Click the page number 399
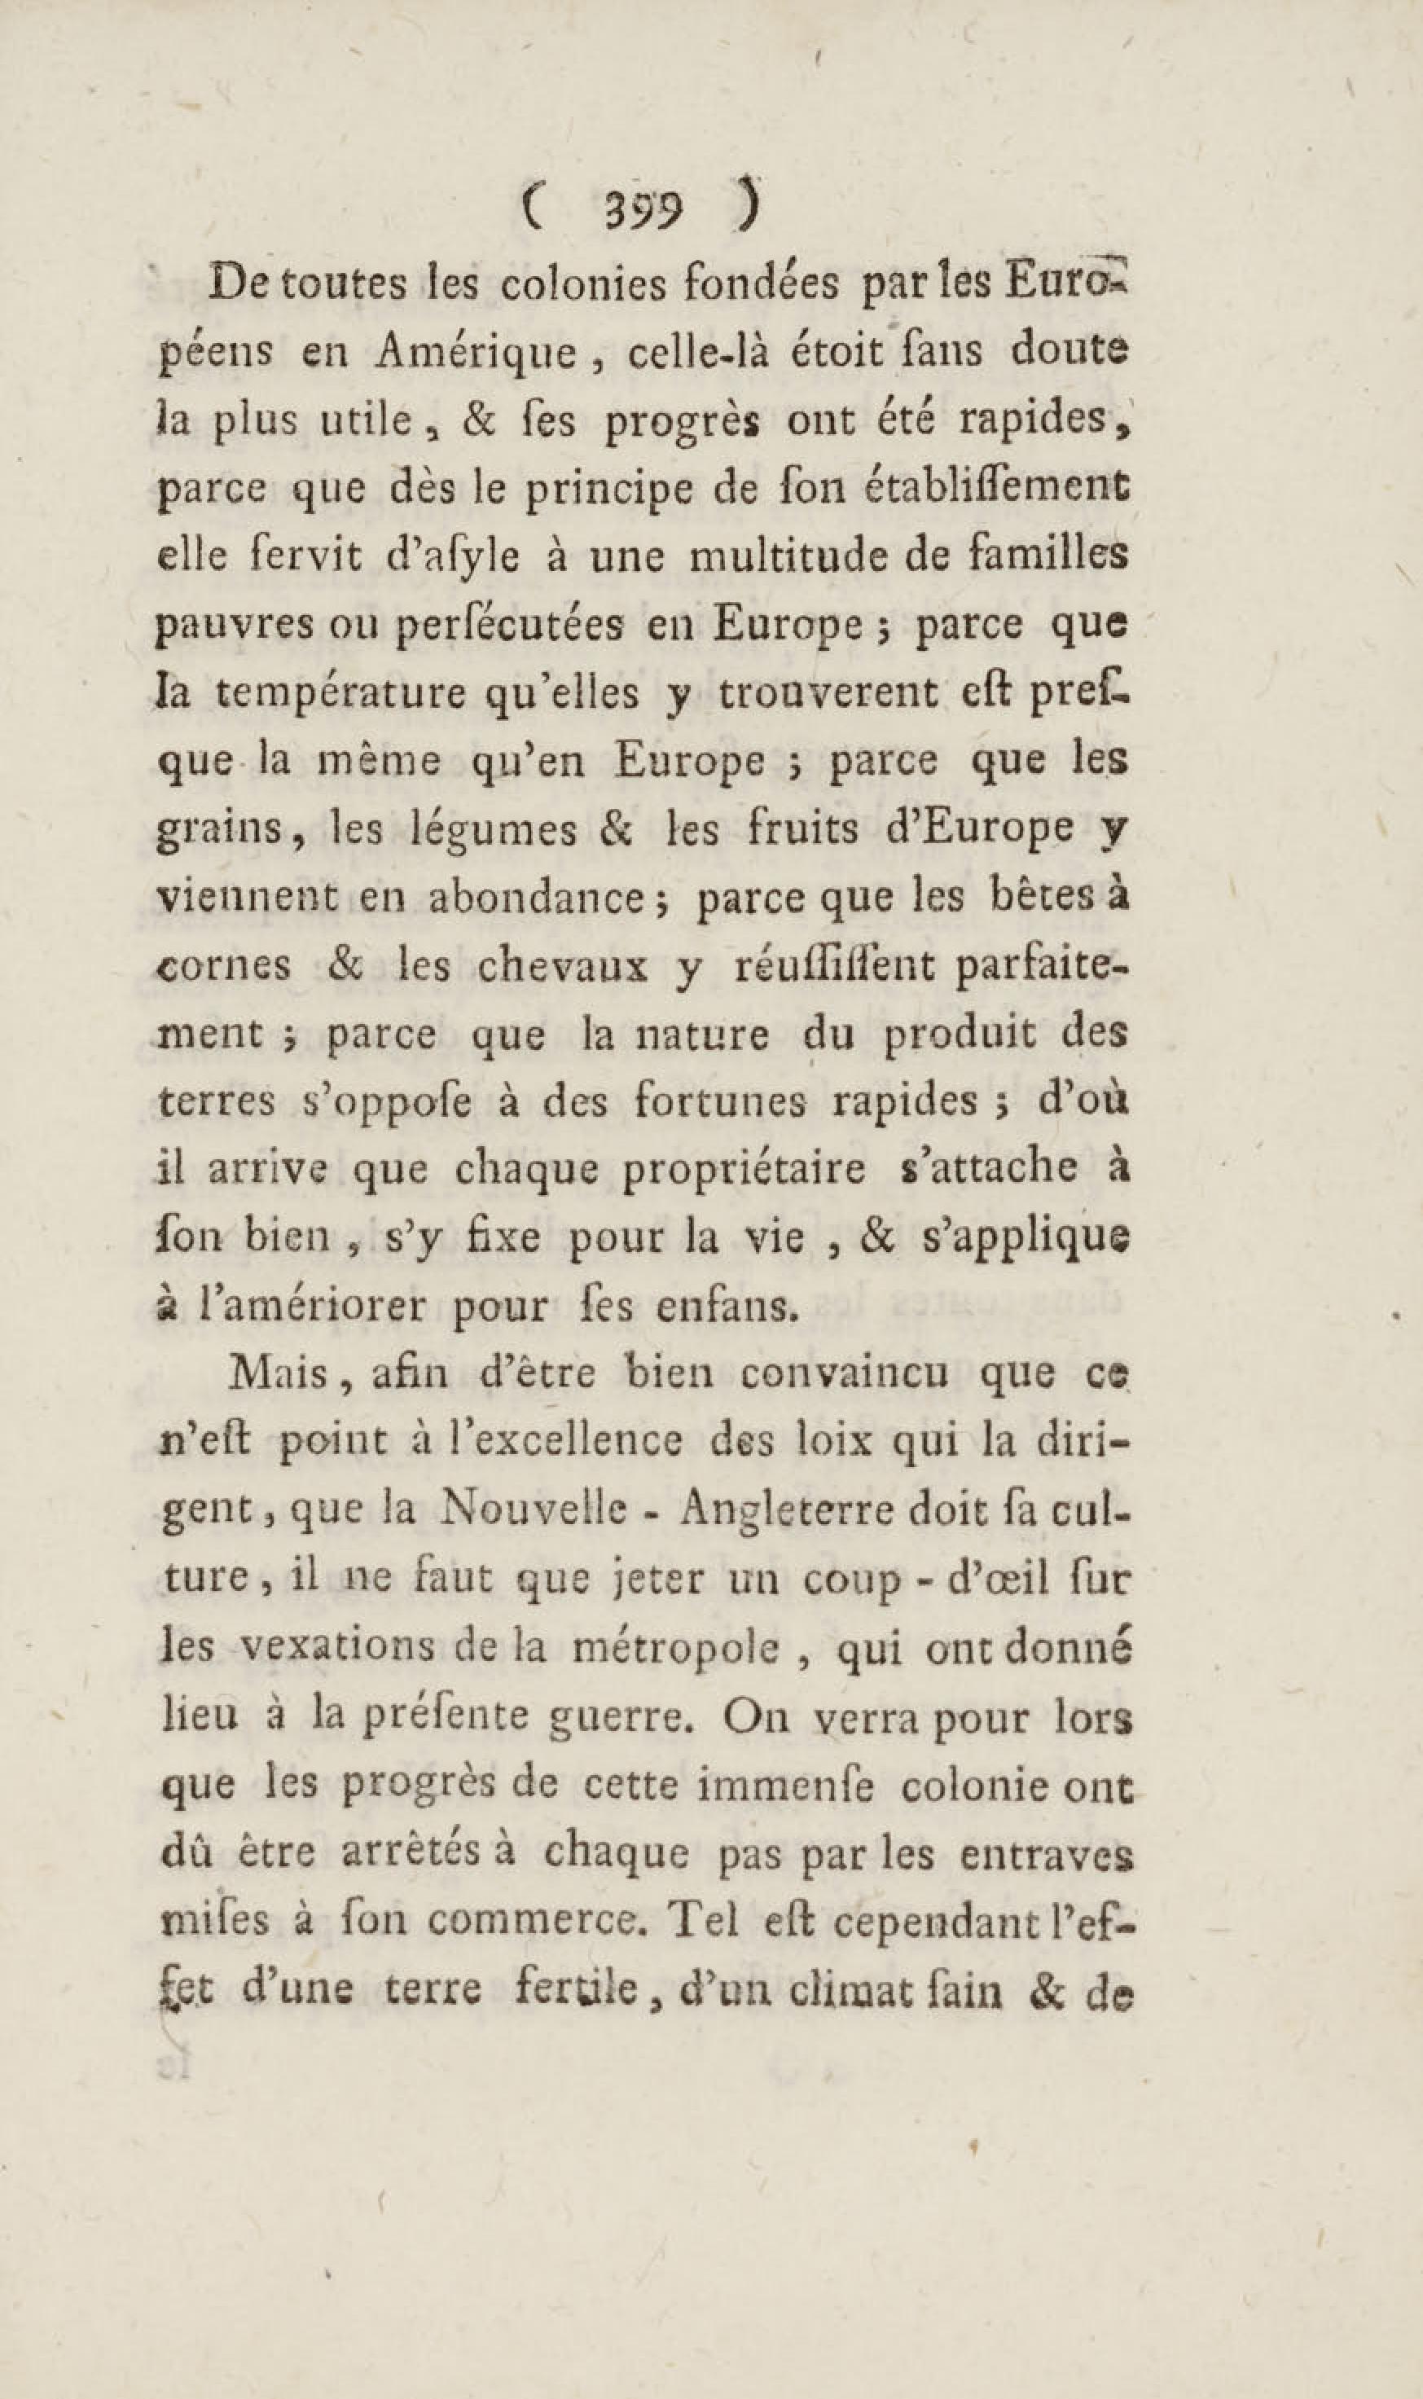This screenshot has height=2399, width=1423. tap(643, 210)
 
